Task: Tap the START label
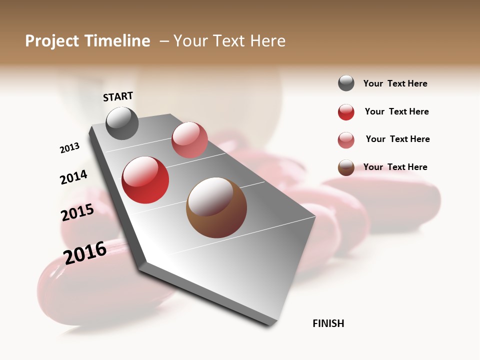tap(118, 96)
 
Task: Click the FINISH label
tap(328, 323)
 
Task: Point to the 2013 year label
tap(69, 148)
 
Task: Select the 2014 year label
tap(73, 177)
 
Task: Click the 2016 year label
tap(85, 252)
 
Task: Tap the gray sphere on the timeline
tap(122, 123)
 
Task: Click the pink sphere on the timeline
tap(189, 140)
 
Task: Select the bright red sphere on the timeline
tap(145, 180)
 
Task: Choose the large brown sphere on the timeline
tap(216, 207)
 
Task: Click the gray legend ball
tap(346, 83)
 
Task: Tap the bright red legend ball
tap(346, 112)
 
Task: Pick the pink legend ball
tap(346, 140)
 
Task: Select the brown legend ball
tap(346, 167)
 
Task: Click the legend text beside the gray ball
tap(395, 83)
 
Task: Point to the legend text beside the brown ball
tap(395, 167)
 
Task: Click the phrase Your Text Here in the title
tap(229, 41)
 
